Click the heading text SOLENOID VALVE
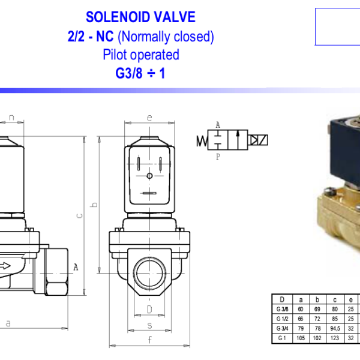[x=140, y=17]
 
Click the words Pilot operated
[x=140, y=55]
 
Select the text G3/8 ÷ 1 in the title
[x=140, y=74]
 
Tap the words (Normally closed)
[x=166, y=37]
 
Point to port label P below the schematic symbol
[x=218, y=157]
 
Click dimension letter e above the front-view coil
[x=149, y=118]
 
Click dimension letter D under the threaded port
[x=149, y=309]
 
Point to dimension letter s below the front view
[x=149, y=326]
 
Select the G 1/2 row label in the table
[x=282, y=319]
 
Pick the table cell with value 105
[x=301, y=338]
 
